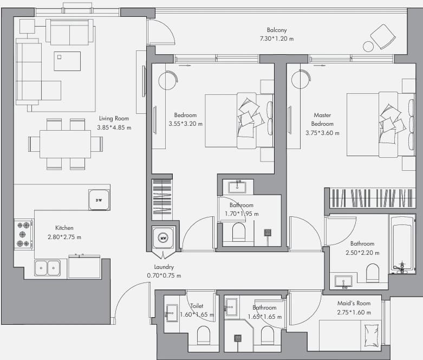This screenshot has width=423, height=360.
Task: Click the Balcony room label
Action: [x=277, y=30]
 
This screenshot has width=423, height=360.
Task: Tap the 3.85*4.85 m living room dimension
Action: [x=114, y=127]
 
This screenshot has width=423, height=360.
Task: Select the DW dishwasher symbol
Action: [x=99, y=200]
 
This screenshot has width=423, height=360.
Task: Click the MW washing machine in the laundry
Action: [x=163, y=238]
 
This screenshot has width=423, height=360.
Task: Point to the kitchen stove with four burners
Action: [x=24, y=234]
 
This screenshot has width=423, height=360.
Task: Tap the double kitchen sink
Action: [x=47, y=268]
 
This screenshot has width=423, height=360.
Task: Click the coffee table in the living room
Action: [x=67, y=61]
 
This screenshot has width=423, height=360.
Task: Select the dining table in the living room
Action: [x=66, y=144]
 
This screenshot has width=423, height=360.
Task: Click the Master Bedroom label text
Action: [x=322, y=119]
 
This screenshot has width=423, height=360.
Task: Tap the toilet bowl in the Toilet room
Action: [x=204, y=335]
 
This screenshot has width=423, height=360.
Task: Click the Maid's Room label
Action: [x=354, y=303]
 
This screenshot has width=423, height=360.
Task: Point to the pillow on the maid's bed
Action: [x=372, y=336]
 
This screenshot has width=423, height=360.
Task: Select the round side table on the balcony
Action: [x=368, y=47]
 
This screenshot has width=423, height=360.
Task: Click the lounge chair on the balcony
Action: [x=383, y=36]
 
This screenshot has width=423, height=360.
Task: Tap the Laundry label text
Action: [x=164, y=267]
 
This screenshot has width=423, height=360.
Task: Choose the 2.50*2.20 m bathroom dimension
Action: [x=362, y=253]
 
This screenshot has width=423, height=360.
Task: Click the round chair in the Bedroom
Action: [x=168, y=80]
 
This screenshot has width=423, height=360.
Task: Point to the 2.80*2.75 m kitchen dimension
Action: [x=64, y=237]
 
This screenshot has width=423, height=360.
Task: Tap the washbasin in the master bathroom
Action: [x=343, y=281]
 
